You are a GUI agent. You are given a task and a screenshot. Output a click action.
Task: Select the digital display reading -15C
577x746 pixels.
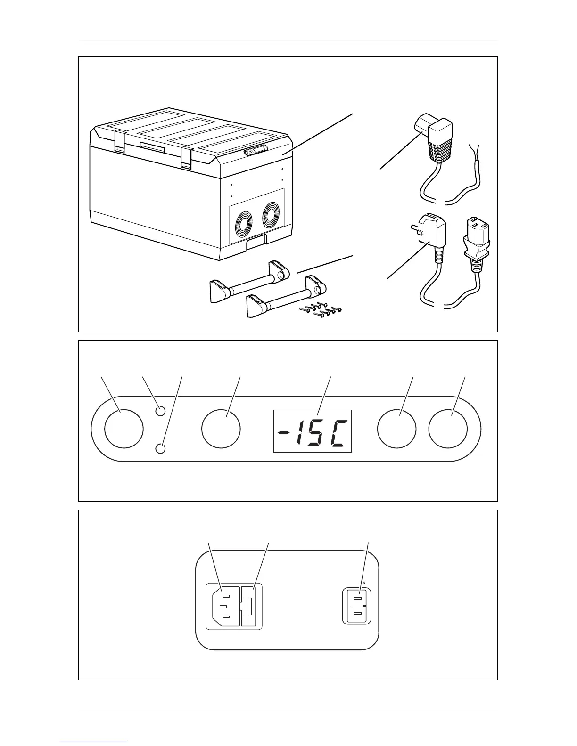pos(313,431)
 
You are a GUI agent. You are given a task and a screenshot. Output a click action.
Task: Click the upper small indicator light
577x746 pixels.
pos(160,411)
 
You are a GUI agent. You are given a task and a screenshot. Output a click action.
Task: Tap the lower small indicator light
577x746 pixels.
pos(160,448)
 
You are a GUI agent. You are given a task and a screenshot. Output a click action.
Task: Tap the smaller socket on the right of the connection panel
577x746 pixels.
pos(356,606)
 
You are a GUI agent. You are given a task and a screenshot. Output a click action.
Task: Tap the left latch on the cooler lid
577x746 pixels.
pos(120,142)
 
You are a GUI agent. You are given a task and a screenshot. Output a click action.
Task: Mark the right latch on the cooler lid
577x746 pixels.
pos(187,158)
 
